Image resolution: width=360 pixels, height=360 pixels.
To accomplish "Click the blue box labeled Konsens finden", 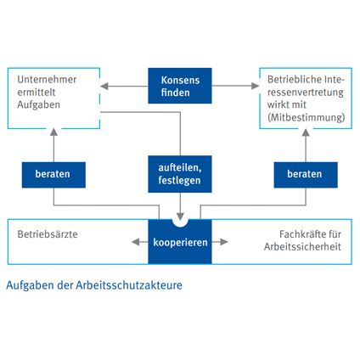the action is tap(180, 86).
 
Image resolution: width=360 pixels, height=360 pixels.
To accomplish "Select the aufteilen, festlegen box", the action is tap(180, 174).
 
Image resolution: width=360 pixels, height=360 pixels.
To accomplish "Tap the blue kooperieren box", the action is tap(180, 242).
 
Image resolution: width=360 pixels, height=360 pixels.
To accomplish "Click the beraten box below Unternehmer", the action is tap(53, 175).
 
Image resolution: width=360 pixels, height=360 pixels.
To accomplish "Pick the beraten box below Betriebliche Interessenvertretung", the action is tap(306, 175).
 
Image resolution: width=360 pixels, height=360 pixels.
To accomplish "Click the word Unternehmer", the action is tap(47, 80).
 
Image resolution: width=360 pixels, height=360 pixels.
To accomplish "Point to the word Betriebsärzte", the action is tap(48, 234).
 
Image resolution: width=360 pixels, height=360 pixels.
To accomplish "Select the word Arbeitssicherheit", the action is tap(302, 247).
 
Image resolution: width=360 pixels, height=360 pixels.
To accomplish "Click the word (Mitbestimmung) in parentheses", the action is tap(307, 117).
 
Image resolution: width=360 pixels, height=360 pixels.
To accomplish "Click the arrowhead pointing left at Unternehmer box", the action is tap(104, 86).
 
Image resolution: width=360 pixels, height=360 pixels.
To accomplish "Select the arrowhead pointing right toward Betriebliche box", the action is tap(256, 86).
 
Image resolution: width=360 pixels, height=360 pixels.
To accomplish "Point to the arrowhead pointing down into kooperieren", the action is tap(180, 217).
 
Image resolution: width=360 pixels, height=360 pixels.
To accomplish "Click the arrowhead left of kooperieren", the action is tap(136, 242).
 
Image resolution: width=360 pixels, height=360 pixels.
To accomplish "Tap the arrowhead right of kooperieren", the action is tap(224, 242).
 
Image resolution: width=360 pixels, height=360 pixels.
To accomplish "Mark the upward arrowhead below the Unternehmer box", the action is tap(53, 132).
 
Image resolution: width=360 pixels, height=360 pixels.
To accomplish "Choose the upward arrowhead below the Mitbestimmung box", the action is tap(306, 132).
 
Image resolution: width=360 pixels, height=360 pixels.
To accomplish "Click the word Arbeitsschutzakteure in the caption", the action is tap(129, 285).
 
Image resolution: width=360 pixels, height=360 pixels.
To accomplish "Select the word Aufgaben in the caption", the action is tap(31, 285).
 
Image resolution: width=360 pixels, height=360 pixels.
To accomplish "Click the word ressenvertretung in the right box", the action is tap(306, 93).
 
